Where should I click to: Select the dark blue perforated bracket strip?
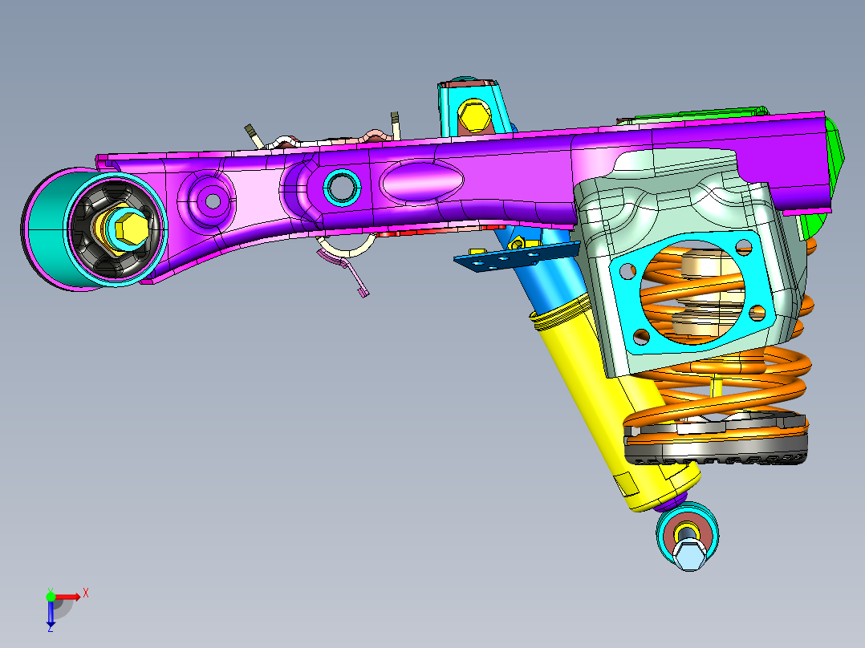click(x=514, y=257)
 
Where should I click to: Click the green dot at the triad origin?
click(x=51, y=596)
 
